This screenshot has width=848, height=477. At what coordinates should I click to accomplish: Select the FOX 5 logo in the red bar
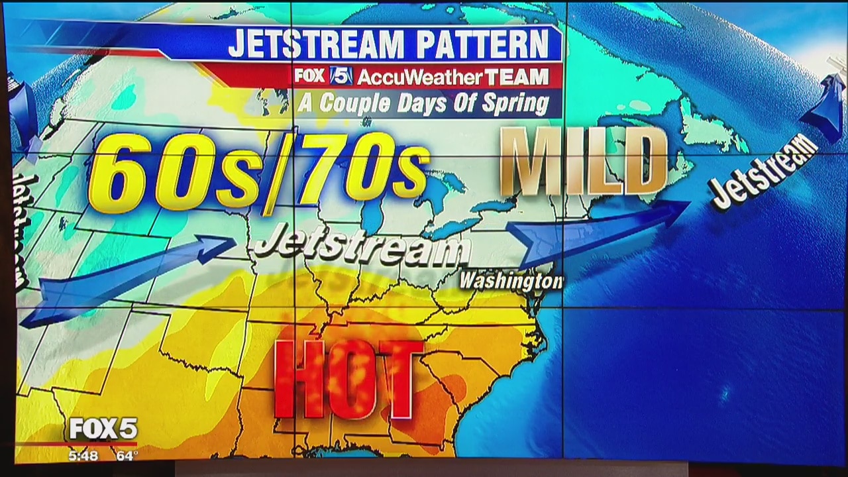point(324,76)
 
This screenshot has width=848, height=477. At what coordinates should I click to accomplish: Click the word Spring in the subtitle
point(517,104)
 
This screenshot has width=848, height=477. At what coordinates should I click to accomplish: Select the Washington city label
point(511,281)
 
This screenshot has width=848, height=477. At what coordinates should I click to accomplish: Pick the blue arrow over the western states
point(126,278)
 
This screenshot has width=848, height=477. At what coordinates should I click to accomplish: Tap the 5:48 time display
point(83,456)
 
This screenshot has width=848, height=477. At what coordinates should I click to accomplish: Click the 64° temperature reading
point(126,456)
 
